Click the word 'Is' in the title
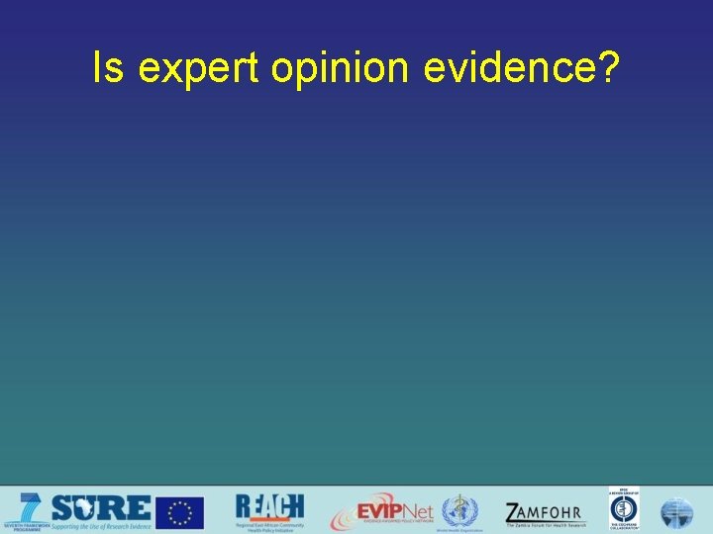click(x=108, y=68)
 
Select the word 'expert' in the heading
click(x=197, y=70)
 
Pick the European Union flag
click(x=180, y=512)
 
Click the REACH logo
click(x=269, y=506)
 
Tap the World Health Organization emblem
click(x=458, y=510)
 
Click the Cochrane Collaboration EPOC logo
click(x=624, y=510)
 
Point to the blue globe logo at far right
click(x=677, y=512)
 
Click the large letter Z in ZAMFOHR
click(x=514, y=512)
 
